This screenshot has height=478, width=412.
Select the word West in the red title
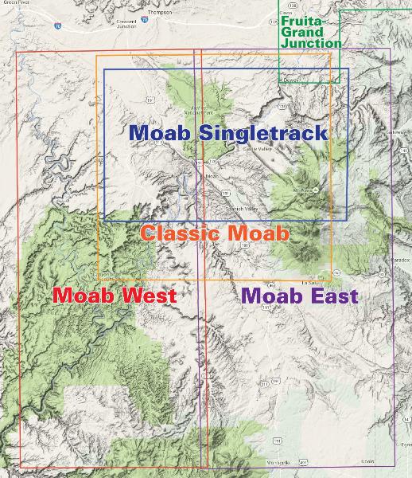pos(148,296)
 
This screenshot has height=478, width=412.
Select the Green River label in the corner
pos(10,3)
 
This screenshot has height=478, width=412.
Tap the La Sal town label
pos(310,281)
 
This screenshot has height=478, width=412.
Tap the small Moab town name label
pos(211,176)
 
